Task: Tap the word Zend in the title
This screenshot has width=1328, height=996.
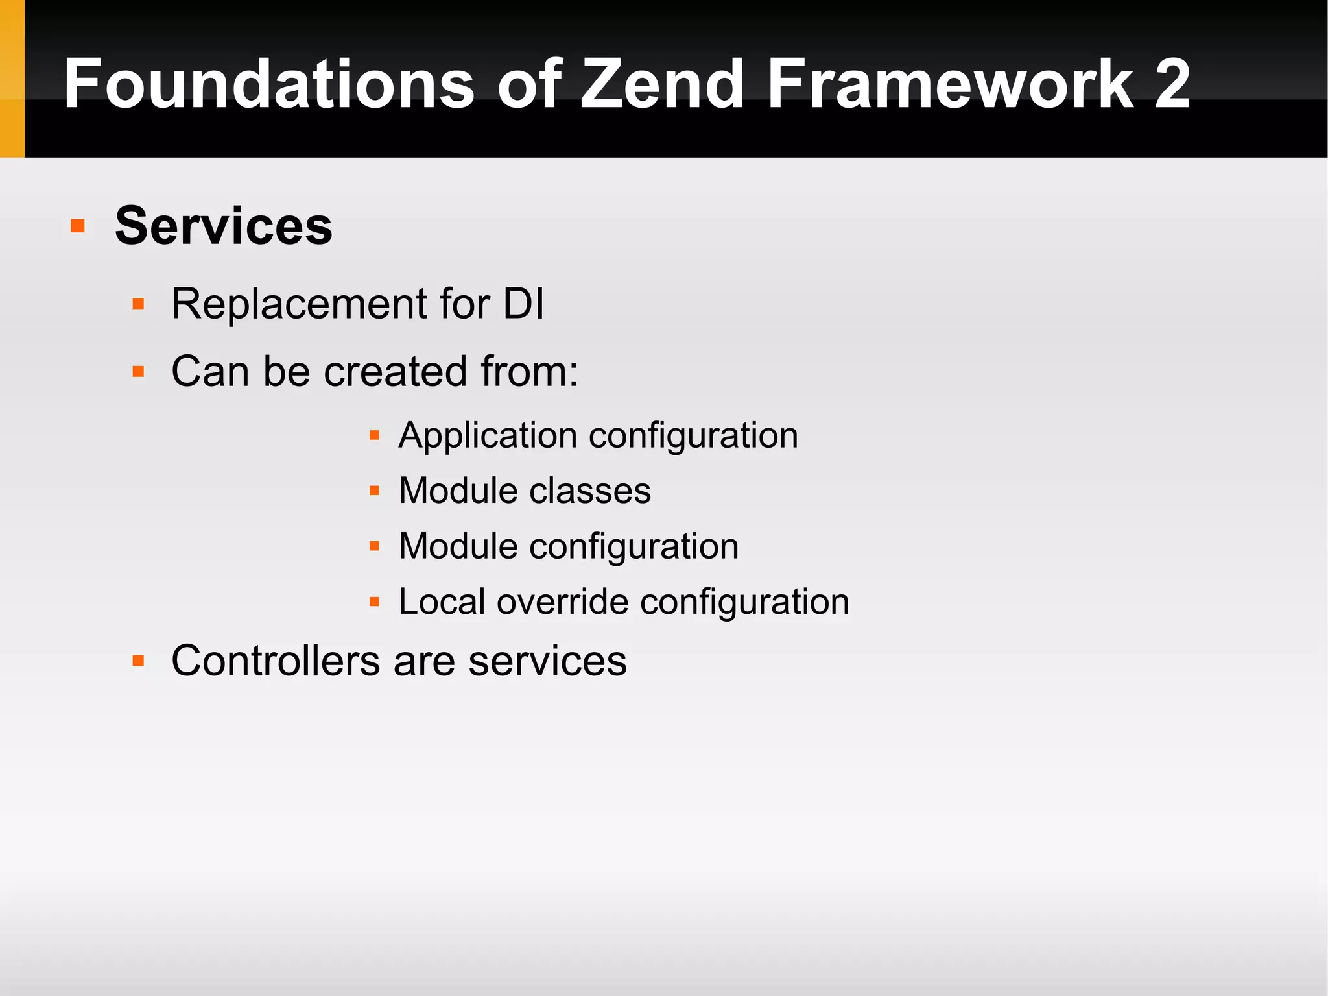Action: (x=661, y=84)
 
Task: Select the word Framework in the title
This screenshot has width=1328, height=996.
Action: (x=950, y=84)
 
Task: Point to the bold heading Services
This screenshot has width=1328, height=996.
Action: (x=224, y=226)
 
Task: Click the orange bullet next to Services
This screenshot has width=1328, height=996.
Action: (x=78, y=226)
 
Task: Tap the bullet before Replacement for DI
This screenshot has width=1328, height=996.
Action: (x=138, y=304)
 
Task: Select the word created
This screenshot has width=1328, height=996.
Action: (x=395, y=372)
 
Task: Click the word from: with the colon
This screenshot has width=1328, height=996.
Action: (x=529, y=372)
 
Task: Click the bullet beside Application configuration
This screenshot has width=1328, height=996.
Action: (x=374, y=435)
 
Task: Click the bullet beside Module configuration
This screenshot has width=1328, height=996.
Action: (x=374, y=546)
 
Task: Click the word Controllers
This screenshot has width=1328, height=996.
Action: (x=276, y=661)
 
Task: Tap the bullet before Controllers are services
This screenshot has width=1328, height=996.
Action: (x=138, y=661)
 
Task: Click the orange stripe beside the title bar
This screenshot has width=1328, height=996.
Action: (x=12, y=78)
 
